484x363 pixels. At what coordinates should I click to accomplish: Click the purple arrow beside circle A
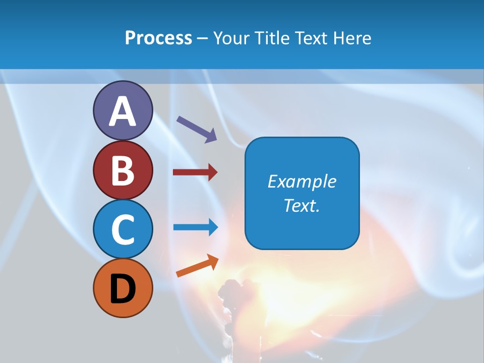pyautogui.click(x=197, y=129)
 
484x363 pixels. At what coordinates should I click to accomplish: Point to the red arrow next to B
pyautogui.click(x=195, y=172)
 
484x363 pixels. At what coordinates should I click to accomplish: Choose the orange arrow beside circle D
pyautogui.click(x=197, y=266)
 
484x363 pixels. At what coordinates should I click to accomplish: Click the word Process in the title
pyautogui.click(x=158, y=38)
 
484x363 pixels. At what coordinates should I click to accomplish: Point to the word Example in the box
pyautogui.click(x=302, y=181)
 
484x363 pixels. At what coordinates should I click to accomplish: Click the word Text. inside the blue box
pyautogui.click(x=302, y=206)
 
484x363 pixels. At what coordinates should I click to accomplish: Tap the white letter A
pyautogui.click(x=123, y=112)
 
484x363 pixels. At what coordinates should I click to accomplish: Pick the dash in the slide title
pyautogui.click(x=203, y=38)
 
